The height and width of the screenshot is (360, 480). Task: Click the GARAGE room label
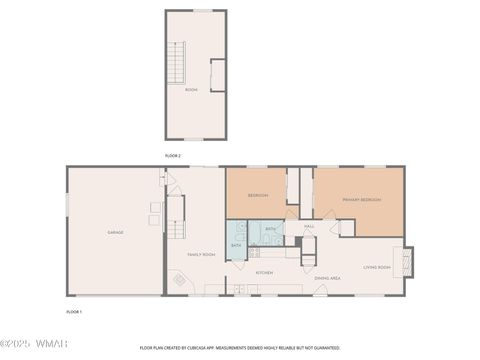pyautogui.click(x=115, y=232)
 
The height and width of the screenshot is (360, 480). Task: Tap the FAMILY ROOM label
pyautogui.click(x=202, y=254)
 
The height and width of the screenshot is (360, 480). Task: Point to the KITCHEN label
pyautogui.click(x=264, y=272)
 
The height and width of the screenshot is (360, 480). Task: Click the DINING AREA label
pyautogui.click(x=328, y=277)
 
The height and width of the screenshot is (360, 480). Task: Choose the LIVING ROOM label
pyautogui.click(x=376, y=267)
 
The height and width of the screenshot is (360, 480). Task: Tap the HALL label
pyautogui.click(x=309, y=226)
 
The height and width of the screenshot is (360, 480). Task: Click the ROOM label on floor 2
pyautogui.click(x=191, y=90)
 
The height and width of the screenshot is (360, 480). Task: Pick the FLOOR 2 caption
pyautogui.click(x=174, y=156)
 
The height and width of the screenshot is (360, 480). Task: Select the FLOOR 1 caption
pyautogui.click(x=74, y=312)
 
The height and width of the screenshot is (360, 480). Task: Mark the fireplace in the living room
pyautogui.click(x=407, y=262)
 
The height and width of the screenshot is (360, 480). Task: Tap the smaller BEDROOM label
pyautogui.click(x=256, y=195)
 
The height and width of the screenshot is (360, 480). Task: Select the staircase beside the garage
pyautogui.click(x=176, y=215)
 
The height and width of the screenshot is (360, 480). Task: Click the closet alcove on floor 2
pyautogui.click(x=218, y=75)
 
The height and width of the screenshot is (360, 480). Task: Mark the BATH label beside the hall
pyautogui.click(x=271, y=229)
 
